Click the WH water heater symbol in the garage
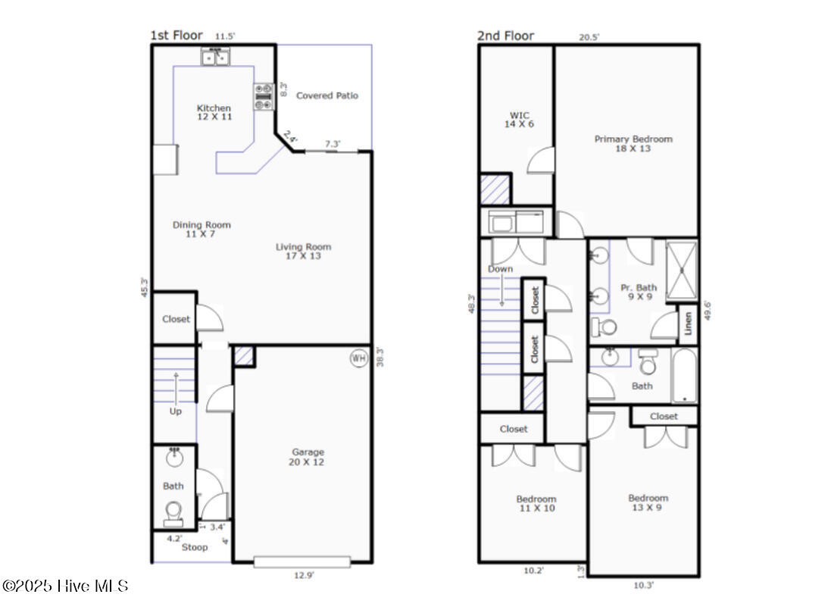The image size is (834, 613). point(358,358)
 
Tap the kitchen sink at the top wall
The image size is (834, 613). point(216,57)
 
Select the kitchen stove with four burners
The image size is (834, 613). point(263,97)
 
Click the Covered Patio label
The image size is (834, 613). point(326,95)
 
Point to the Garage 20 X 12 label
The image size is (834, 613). point(307,457)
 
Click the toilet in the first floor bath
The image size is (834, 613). point(173,512)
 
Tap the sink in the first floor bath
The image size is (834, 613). point(174,457)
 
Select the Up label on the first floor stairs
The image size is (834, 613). point(176,411)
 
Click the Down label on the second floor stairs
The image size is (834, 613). point(500,269)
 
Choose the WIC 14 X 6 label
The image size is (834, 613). point(519,120)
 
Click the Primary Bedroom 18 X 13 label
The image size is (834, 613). point(633,143)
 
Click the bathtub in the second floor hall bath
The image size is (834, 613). point(685,376)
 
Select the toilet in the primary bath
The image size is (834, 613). point(603,327)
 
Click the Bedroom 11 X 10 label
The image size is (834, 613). point(536,503)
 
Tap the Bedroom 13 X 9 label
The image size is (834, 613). point(648,502)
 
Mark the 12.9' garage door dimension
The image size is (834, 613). point(304,575)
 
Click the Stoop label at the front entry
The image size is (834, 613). point(195,547)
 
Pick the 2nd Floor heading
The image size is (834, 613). point(505,36)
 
